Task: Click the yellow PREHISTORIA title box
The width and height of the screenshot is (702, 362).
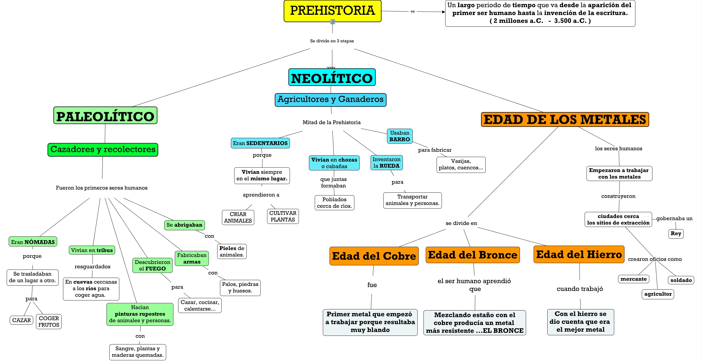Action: [332, 11]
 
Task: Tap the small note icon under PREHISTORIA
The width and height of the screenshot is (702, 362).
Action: [332, 22]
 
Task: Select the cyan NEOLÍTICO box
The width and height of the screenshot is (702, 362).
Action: [332, 77]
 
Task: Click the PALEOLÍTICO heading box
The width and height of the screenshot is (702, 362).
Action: [105, 116]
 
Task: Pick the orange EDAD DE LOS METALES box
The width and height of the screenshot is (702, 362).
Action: [565, 119]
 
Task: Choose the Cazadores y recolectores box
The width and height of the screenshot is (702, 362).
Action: [103, 150]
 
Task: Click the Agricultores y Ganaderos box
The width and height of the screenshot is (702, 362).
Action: [330, 100]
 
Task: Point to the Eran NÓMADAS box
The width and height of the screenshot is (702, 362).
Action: [33, 242]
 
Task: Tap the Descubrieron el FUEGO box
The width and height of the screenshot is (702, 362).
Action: [152, 265]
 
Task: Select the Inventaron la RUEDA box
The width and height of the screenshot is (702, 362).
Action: [386, 163]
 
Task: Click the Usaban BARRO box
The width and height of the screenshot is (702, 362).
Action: [400, 136]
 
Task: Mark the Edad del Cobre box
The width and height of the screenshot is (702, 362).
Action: [374, 256]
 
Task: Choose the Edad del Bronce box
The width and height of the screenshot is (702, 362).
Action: [473, 255]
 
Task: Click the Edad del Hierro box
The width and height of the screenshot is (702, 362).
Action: [579, 255]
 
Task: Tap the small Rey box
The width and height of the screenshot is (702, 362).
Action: [676, 234]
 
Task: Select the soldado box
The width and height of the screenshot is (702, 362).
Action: [681, 280]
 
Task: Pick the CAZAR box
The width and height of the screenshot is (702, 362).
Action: [21, 320]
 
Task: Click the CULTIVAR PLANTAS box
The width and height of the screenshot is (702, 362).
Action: [283, 216]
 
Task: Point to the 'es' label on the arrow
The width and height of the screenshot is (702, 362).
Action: [413, 11]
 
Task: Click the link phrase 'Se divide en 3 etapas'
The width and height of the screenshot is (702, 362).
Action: [332, 41]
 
